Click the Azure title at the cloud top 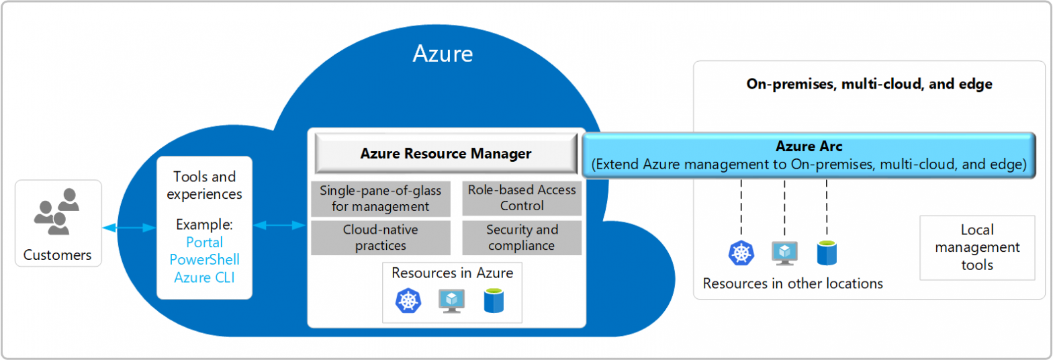(442, 53)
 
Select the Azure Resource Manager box (446, 154)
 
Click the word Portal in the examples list (204, 242)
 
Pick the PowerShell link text (204, 259)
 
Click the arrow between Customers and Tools (129, 228)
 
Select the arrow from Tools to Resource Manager (279, 225)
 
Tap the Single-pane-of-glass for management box (380, 198)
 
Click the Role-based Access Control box (522, 198)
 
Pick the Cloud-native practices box (380, 238)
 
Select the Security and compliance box (522, 238)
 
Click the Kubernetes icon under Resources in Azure (408, 301)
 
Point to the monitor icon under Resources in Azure (451, 301)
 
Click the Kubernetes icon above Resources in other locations (741, 253)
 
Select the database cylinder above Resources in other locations (826, 253)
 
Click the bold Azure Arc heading (809, 146)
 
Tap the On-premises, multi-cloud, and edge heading (869, 85)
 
